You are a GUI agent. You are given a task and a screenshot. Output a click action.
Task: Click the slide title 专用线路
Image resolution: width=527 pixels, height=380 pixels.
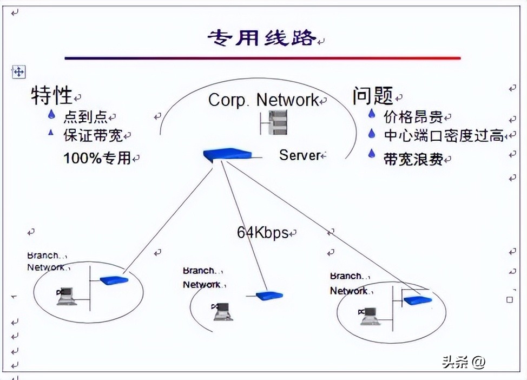pyautogui.click(x=262, y=38)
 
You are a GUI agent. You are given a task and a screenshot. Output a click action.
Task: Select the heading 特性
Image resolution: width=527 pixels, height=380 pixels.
pyautogui.click(x=52, y=96)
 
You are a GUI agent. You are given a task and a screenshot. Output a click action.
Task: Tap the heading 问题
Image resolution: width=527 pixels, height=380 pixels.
pyautogui.click(x=373, y=96)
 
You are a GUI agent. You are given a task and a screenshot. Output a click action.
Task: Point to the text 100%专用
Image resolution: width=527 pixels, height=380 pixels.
pyautogui.click(x=97, y=158)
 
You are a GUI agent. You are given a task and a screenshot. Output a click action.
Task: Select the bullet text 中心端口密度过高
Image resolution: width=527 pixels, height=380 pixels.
pyautogui.click(x=444, y=135)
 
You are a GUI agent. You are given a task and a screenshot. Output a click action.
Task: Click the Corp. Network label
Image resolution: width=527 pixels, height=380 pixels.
pyautogui.click(x=263, y=100)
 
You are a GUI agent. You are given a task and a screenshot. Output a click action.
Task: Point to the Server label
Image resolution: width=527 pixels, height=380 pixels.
pyautogui.click(x=300, y=155)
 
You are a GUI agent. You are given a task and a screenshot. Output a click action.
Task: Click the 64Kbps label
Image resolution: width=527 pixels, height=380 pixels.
pyautogui.click(x=262, y=233)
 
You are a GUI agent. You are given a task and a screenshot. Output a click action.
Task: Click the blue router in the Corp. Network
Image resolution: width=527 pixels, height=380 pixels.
pyautogui.click(x=227, y=154)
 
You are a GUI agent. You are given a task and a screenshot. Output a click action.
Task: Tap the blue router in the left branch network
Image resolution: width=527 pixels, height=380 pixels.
pyautogui.click(x=114, y=280)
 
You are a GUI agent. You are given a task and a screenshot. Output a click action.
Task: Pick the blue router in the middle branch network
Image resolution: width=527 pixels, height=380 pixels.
pyautogui.click(x=269, y=296)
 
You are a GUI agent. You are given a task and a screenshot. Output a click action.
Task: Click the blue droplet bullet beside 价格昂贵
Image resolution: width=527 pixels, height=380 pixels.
pyautogui.click(x=372, y=114)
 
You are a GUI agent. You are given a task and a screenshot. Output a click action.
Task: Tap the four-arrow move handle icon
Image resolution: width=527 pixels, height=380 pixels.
pyautogui.click(x=18, y=71)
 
